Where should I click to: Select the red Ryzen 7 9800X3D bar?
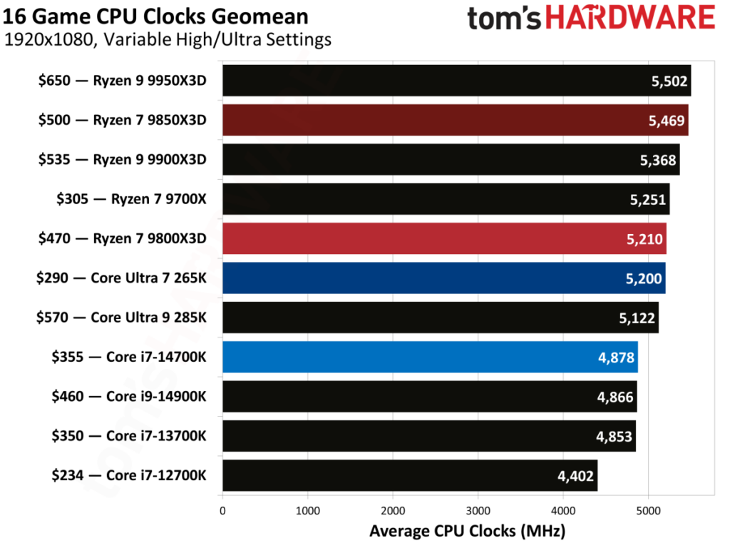point(443,238)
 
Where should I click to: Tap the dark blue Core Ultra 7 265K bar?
point(443,278)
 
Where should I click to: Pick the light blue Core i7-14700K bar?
point(430,357)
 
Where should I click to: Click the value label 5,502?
point(669,81)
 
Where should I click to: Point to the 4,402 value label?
point(575,476)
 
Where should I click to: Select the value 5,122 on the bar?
point(636,318)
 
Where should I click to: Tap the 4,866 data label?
point(615,397)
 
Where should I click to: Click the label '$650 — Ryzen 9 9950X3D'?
point(122,81)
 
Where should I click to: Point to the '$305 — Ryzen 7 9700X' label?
point(131,199)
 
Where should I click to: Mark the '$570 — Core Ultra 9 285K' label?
point(121,318)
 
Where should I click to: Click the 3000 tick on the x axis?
point(478,510)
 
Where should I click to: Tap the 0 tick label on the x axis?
point(222,510)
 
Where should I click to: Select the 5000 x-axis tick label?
point(647,510)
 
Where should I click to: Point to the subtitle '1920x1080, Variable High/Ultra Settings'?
point(168,39)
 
